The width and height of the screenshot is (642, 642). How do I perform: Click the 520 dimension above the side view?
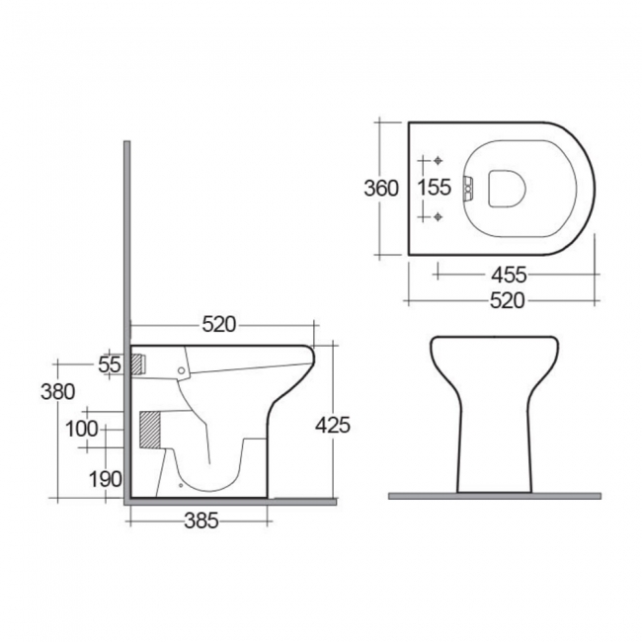(218, 323)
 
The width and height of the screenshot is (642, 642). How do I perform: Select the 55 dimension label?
(110, 364)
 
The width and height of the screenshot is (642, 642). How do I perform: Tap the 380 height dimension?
(58, 391)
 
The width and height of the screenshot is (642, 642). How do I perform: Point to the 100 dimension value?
(84, 429)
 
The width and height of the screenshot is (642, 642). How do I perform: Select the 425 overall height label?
(333, 425)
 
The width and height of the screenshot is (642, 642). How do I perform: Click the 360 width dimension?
(380, 188)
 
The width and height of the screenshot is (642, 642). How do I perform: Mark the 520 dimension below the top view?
(506, 300)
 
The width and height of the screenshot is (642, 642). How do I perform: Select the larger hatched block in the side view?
(148, 430)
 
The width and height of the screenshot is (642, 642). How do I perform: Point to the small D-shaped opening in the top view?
(509, 188)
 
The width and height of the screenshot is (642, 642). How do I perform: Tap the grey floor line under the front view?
(494, 495)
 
